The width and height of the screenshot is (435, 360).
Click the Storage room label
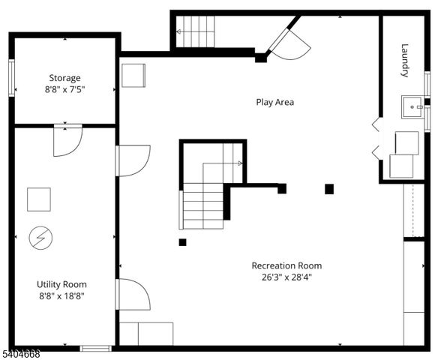click(x=64, y=78)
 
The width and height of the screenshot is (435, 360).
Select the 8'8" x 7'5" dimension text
click(x=64, y=89)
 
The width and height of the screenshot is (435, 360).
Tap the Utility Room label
click(x=61, y=284)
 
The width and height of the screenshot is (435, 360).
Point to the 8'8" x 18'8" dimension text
click(x=61, y=295)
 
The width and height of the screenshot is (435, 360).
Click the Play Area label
click(x=274, y=101)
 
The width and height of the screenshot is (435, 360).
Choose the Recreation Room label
click(x=286, y=265)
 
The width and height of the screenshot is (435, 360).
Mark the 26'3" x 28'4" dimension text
click(x=286, y=277)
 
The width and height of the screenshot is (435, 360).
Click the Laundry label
click(x=405, y=60)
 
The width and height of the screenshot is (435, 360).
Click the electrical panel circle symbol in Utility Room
click(x=37, y=238)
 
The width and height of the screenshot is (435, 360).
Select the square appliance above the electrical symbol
click(x=38, y=199)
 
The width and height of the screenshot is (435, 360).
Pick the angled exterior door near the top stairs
click(x=289, y=43)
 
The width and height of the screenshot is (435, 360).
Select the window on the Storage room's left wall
click(x=11, y=78)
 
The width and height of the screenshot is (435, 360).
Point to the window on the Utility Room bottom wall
click(x=96, y=348)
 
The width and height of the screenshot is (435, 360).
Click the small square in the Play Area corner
click(x=133, y=76)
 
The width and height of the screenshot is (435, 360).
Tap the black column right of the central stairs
click(x=329, y=189)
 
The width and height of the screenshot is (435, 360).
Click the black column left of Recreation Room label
click(x=182, y=242)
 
